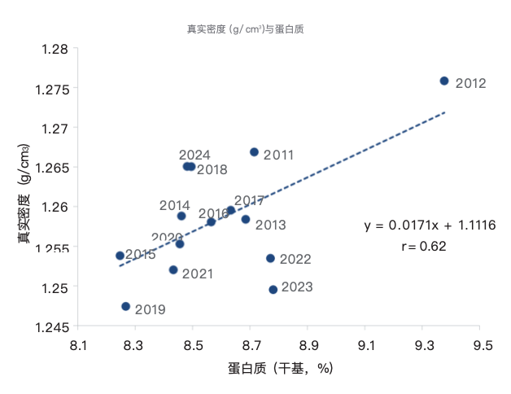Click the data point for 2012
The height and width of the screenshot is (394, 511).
tap(444, 81)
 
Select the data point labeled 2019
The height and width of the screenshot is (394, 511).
tap(125, 306)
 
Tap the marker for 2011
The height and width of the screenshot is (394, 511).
tap(254, 152)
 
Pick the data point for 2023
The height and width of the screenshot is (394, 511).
tap(273, 289)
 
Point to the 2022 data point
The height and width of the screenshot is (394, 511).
tap(270, 258)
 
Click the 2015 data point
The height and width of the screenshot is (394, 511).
tap(120, 256)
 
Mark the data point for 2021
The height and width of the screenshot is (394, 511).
tap(173, 269)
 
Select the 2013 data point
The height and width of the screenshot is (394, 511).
tap(246, 219)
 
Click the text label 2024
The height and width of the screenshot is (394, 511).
tap(194, 155)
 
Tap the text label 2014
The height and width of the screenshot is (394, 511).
tap(174, 205)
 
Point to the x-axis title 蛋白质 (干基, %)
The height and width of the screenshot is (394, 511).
tap(282, 368)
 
